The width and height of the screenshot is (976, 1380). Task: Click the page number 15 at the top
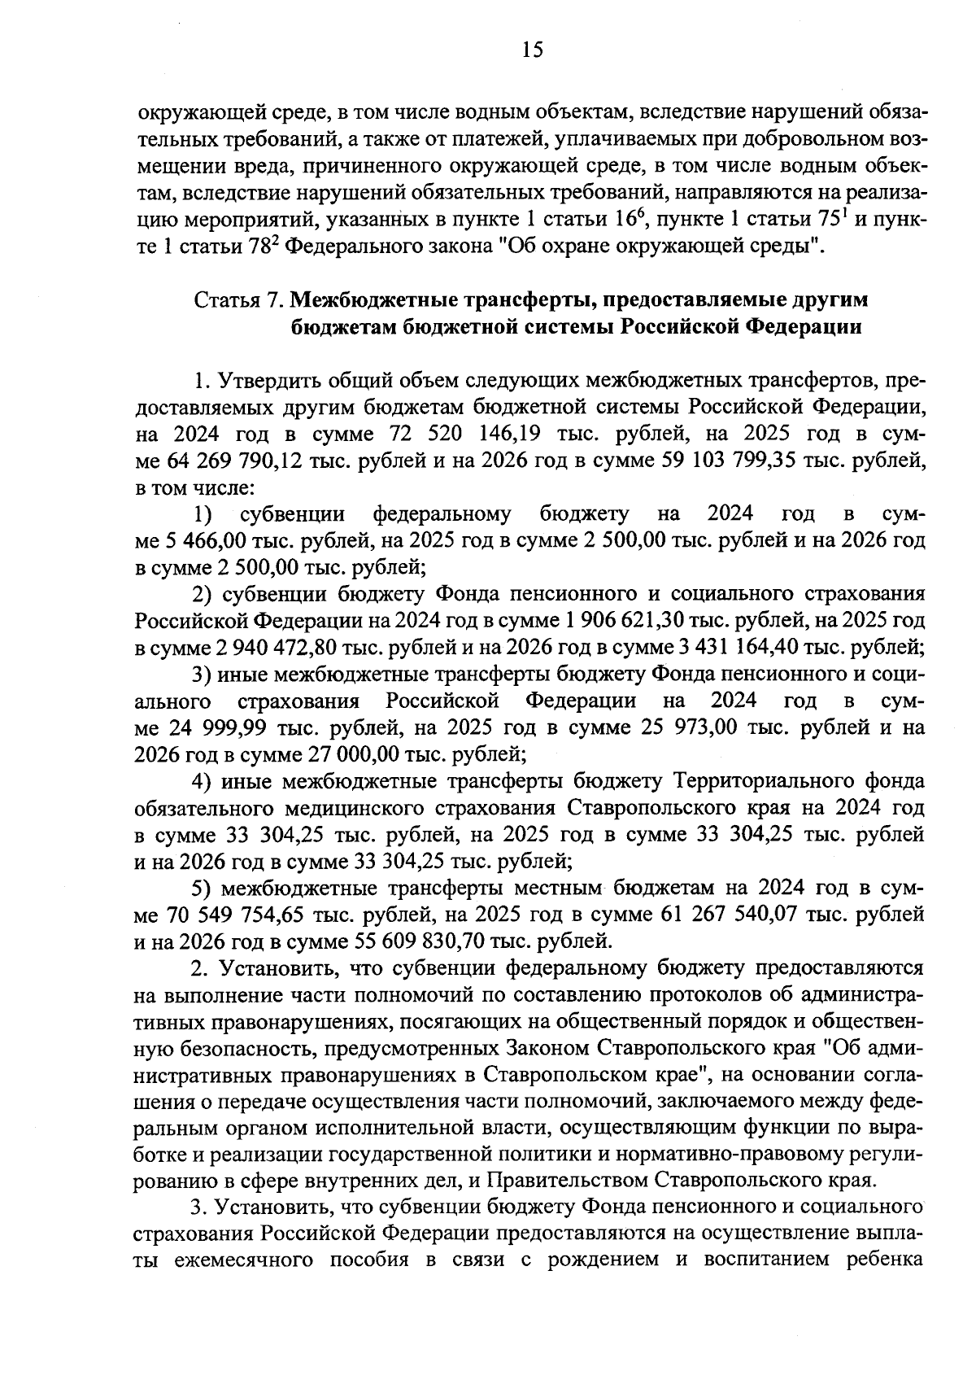531,50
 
